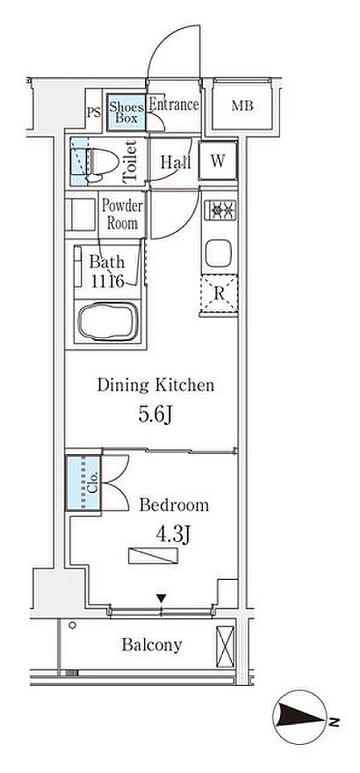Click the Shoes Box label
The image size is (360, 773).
[x=126, y=112]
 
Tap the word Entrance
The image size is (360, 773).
[x=173, y=104]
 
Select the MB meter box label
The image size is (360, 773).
[x=242, y=106]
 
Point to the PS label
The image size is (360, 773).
[x=94, y=112]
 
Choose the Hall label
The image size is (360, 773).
[x=176, y=162]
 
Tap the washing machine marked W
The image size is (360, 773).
[x=218, y=161]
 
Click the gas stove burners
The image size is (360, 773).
[x=220, y=210]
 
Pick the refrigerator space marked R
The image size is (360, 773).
[x=219, y=293]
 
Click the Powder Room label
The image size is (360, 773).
[x=122, y=214]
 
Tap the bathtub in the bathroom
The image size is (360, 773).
[x=108, y=322]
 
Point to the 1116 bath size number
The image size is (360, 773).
[x=108, y=281]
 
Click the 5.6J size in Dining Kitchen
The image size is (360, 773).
[x=155, y=415]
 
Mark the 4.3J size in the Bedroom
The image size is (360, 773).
[x=173, y=534]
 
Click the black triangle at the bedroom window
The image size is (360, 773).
[x=161, y=598]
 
